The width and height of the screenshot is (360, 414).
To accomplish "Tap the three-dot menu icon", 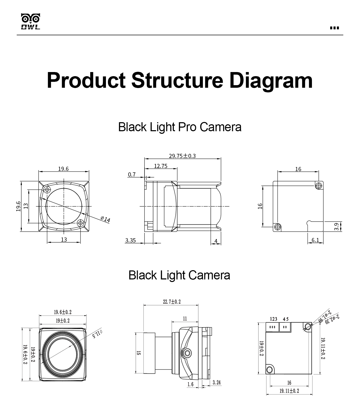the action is tap(334, 28).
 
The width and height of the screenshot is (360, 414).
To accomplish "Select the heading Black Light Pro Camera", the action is tap(180, 127).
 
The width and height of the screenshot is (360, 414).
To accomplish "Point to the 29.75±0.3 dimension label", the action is tap(182, 156).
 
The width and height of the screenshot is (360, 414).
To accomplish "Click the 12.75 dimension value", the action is tap(161, 166).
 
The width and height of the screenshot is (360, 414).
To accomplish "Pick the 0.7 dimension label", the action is tap(132, 175).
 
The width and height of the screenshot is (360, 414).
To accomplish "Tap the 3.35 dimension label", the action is tap(130, 241).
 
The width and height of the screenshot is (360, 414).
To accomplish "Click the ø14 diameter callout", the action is tap(105, 219).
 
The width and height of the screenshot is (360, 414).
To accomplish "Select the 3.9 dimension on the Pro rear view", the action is tap(336, 227).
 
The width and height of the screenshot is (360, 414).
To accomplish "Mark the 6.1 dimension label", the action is tap(315, 240).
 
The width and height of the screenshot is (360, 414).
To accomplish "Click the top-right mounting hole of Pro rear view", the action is tap(319, 186).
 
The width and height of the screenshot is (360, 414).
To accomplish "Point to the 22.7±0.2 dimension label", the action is tap(172, 302).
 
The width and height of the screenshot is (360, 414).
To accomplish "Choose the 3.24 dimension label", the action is tap(217, 383).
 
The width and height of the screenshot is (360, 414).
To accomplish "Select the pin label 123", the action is tap(274, 319).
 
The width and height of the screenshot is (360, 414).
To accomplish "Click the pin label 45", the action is tap(286, 319).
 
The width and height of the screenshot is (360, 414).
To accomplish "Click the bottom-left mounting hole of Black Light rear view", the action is tap(269, 370).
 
